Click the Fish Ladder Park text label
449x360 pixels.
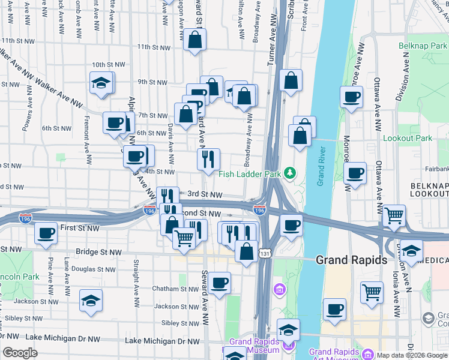point(250,174)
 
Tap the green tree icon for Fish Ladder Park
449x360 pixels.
point(290,173)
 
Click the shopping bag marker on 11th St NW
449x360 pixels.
point(195,41)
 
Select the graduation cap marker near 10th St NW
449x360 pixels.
point(101,84)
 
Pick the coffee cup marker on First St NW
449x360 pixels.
point(46,234)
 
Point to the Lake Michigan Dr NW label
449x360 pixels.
point(162,340)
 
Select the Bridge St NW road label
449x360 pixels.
point(97,252)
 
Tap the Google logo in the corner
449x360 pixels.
point(20,353)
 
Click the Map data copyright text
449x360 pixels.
point(412,355)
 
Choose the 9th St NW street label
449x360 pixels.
point(151,82)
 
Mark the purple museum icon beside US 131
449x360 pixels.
point(279,290)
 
